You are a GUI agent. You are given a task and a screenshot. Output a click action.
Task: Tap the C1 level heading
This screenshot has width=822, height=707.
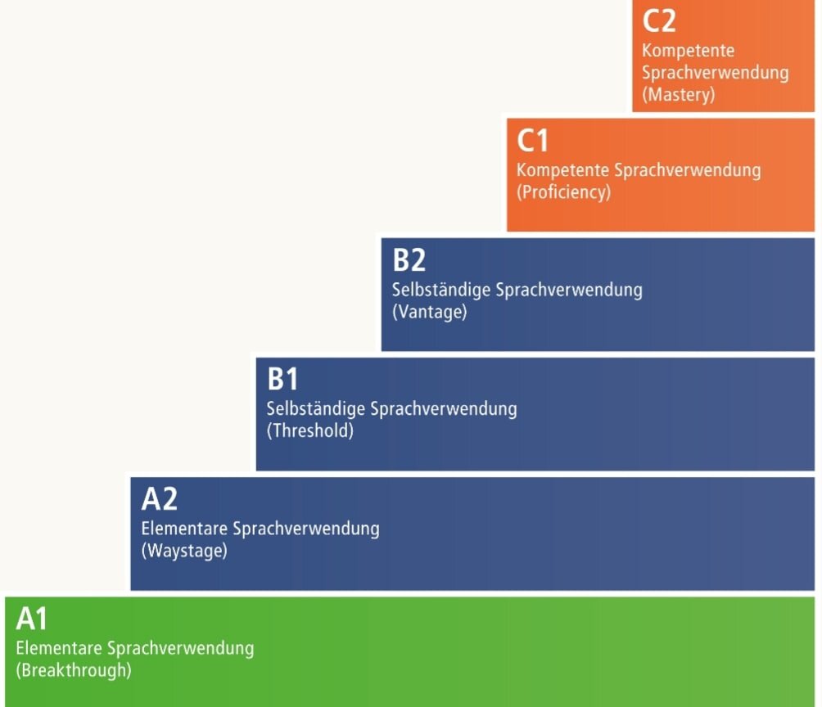click(x=533, y=142)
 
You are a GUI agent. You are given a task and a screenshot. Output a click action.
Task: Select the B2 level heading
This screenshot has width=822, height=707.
click(x=409, y=260)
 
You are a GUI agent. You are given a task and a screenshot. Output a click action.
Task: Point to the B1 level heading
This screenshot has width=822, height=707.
click(x=283, y=380)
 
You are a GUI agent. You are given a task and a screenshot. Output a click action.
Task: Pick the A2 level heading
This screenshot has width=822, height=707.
click(x=160, y=498)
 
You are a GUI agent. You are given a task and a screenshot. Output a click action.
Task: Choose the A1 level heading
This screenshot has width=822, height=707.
click(x=33, y=619)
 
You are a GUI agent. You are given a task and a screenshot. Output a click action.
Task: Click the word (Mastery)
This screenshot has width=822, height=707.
click(x=679, y=94)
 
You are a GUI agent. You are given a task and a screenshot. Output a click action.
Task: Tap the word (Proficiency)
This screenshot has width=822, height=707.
click(x=563, y=193)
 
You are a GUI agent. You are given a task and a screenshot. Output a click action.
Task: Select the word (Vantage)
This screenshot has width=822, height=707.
click(x=429, y=312)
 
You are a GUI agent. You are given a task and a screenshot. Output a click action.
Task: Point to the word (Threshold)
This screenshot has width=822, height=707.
click(x=310, y=431)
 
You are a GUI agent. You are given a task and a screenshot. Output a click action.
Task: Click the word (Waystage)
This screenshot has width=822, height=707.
click(x=184, y=551)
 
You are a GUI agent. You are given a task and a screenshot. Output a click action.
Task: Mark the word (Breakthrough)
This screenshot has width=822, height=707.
click(x=74, y=670)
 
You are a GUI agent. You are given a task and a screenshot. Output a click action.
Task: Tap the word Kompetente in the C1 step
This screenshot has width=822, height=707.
click(x=562, y=170)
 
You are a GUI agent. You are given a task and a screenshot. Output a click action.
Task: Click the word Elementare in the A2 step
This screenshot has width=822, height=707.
click(x=184, y=528)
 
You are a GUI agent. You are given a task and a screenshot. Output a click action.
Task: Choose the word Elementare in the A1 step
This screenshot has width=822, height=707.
click(x=59, y=648)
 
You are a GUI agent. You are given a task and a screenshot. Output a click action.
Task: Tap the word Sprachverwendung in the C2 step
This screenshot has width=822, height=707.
click(x=716, y=72)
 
